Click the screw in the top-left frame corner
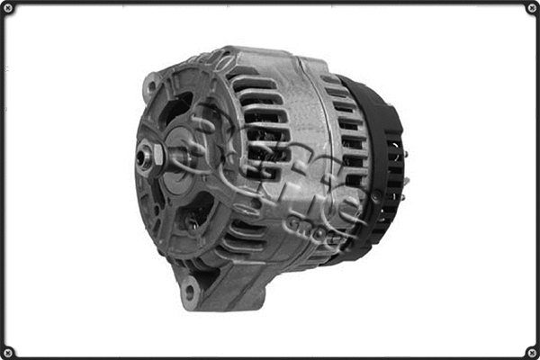point(8,8)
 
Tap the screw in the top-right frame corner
point(531,8)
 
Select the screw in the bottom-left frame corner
point(8,351)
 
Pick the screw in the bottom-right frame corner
point(531,351)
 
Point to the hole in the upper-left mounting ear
point(149,87)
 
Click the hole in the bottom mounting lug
point(189,292)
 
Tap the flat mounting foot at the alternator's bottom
point(225,288)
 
